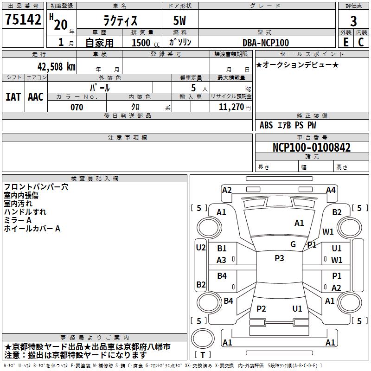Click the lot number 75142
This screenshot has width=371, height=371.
pos(23,19)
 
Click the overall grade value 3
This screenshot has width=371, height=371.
pos(353,21)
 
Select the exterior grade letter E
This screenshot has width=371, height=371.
pos(346,42)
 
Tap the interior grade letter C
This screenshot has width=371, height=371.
pos(361,42)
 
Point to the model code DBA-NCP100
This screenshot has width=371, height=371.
pos(266,43)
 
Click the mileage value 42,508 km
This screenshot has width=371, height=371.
pos(57,67)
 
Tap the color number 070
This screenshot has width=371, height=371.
pos(77,107)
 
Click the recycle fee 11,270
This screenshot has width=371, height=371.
pos(231,107)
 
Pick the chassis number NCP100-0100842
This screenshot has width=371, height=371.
pos(312,147)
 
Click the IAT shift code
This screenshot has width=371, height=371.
pos(13,97)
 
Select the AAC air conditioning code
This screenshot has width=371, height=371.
pos(36,97)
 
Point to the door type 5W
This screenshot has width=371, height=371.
pos(179,20)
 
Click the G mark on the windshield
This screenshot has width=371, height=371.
pos(293,244)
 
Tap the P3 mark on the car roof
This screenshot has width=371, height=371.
pos(279,258)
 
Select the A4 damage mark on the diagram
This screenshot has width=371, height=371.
pos(331,190)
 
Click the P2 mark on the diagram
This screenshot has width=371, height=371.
pos(261,308)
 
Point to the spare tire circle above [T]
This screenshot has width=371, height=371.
pos(203,339)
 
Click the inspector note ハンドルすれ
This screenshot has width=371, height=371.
pos(25,212)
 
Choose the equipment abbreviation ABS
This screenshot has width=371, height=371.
pos(266,125)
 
